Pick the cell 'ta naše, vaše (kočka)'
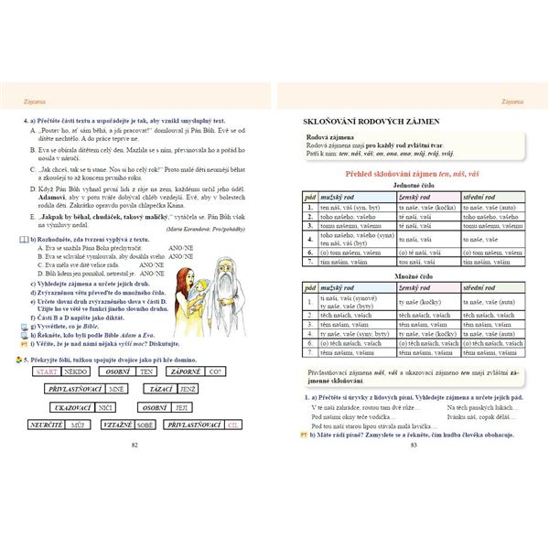(x=426, y=208)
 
